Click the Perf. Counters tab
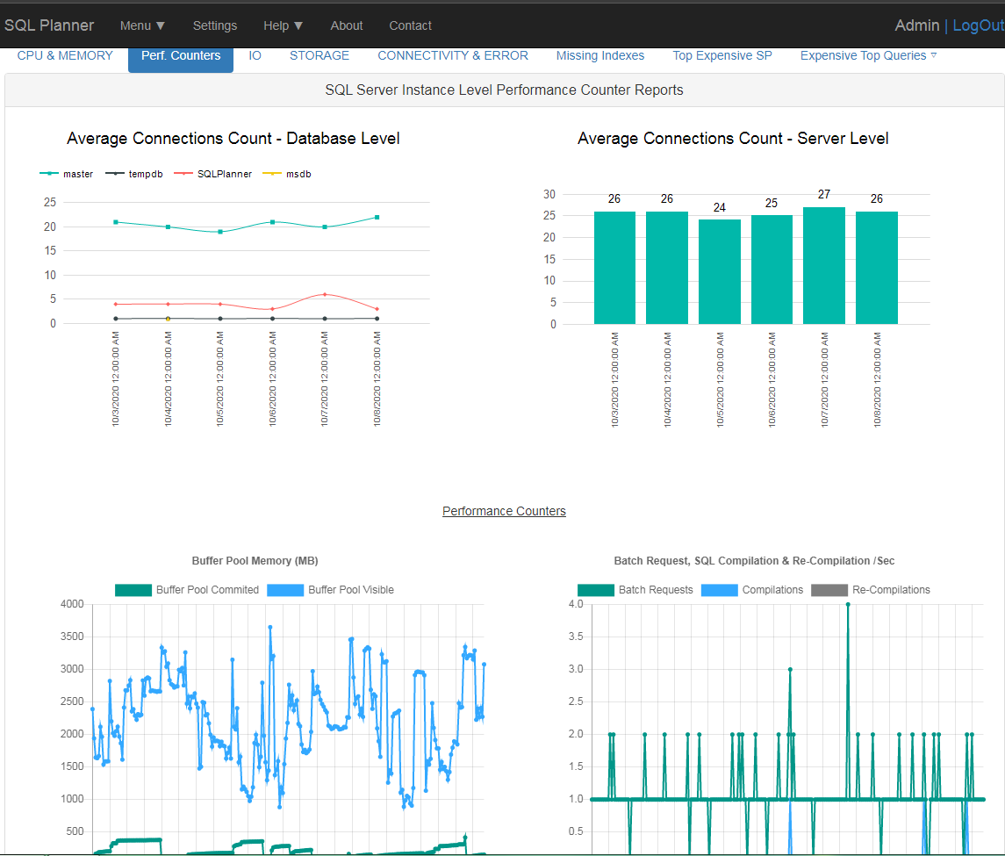[x=181, y=55]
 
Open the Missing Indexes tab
[x=599, y=55]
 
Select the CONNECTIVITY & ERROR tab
[x=453, y=55]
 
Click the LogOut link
[x=978, y=25]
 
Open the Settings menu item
[x=215, y=25]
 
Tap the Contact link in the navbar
[x=410, y=25]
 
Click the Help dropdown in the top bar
[x=283, y=25]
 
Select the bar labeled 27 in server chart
[x=824, y=265]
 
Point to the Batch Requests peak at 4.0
[x=848, y=604]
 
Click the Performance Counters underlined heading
[x=504, y=511]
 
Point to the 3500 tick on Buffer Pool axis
[x=72, y=637]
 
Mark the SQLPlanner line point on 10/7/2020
[x=325, y=294]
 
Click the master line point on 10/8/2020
[x=377, y=217]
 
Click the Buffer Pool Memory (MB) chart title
[x=255, y=560]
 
